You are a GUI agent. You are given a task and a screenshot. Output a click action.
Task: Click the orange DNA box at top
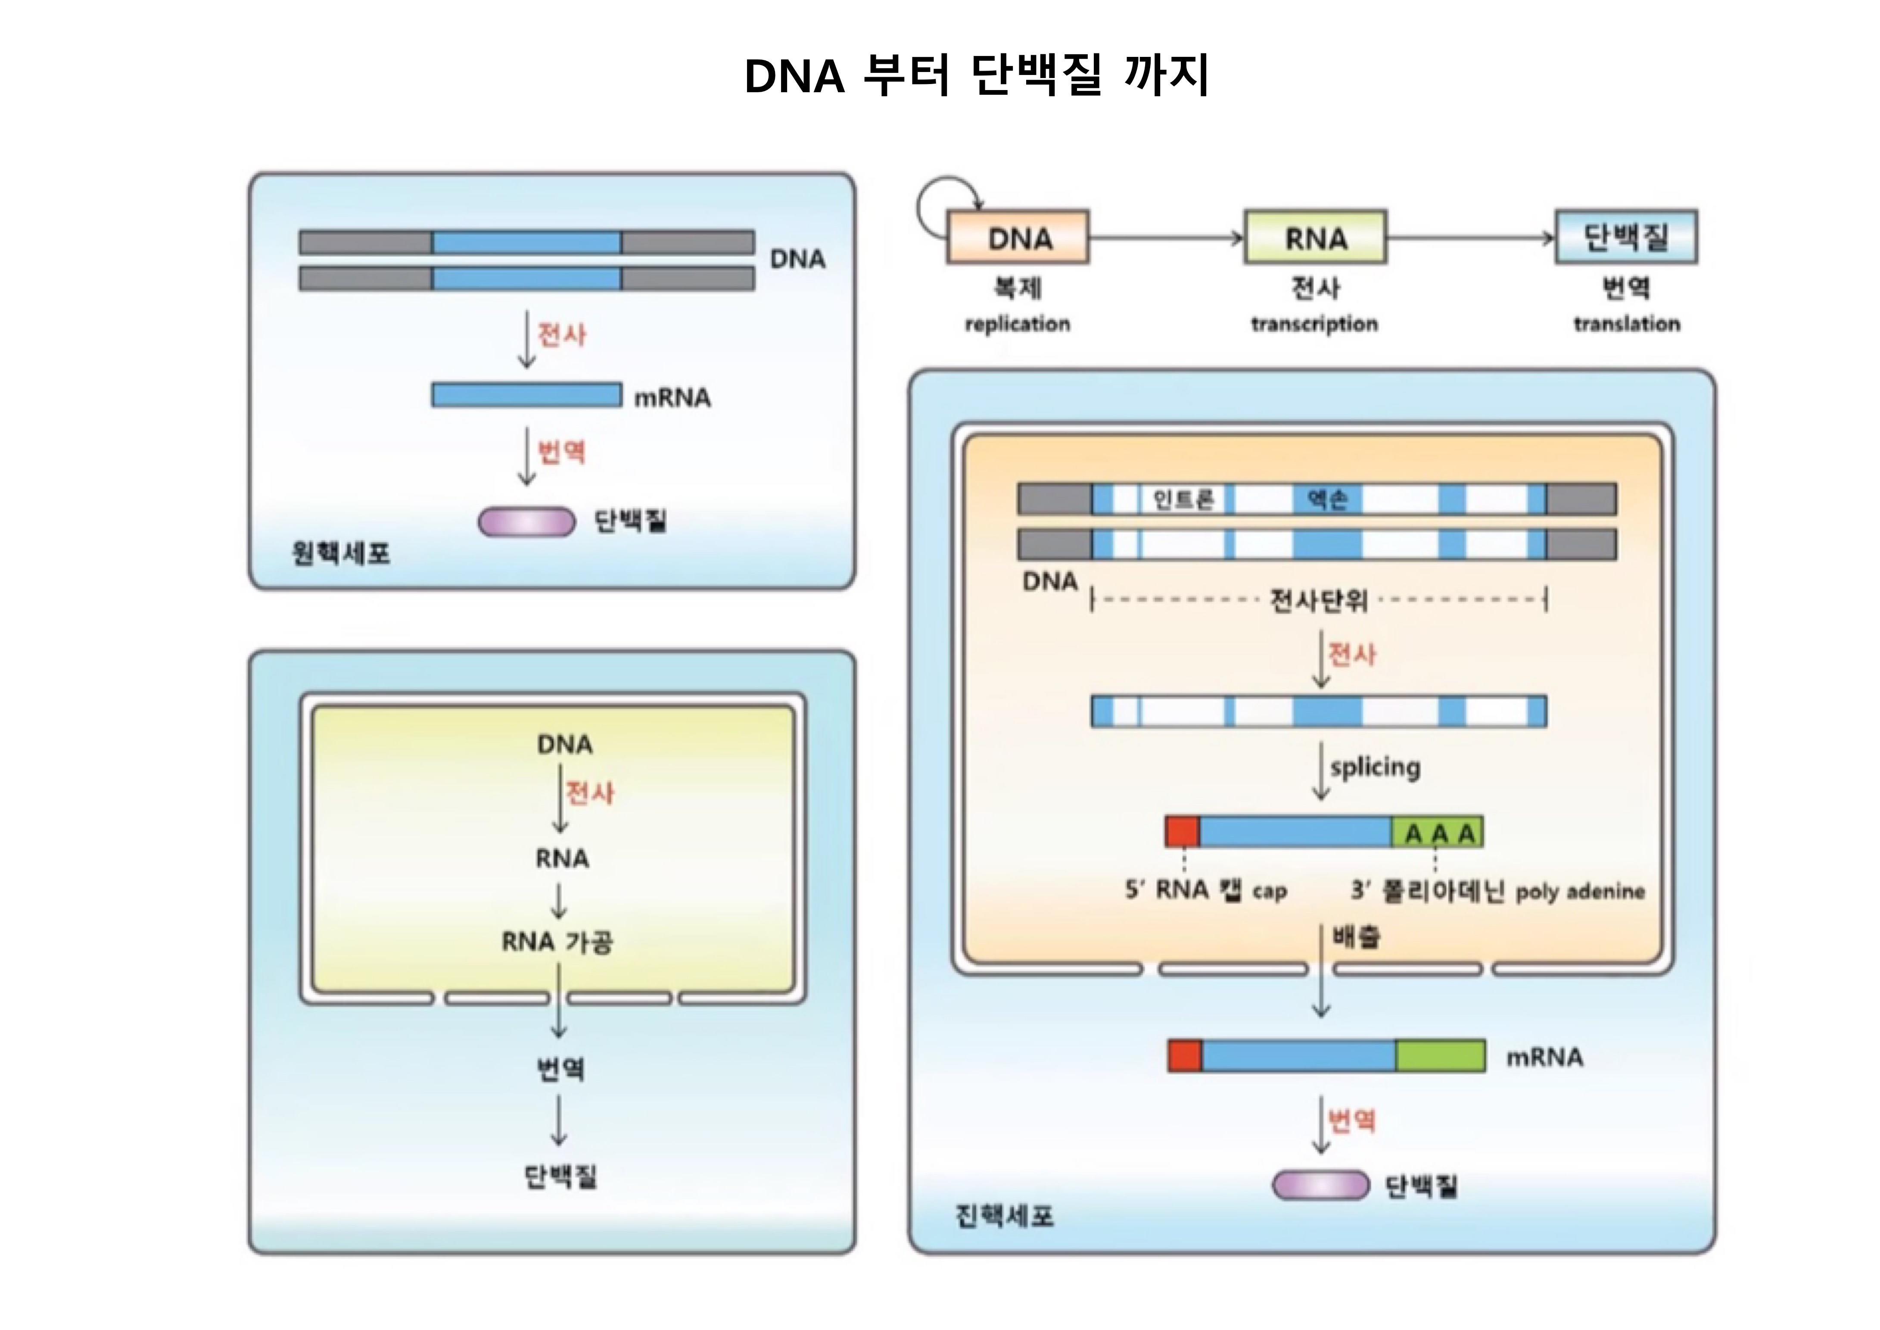(1018, 237)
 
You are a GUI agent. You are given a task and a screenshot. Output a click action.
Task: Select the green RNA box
(1315, 237)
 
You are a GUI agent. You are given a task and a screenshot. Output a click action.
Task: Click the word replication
(1017, 324)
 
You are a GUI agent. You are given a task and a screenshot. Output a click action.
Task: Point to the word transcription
(1314, 324)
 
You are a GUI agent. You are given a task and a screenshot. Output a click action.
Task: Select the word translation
(1626, 324)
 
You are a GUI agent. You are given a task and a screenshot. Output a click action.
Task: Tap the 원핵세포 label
(341, 554)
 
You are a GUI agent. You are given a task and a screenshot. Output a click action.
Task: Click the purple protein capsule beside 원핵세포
(526, 521)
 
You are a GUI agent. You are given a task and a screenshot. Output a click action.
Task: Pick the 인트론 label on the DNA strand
(1183, 499)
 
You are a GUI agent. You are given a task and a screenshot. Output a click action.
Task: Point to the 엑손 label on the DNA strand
(1326, 499)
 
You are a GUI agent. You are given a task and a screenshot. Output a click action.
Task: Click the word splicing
(1375, 768)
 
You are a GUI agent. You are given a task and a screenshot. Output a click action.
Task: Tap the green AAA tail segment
(1438, 833)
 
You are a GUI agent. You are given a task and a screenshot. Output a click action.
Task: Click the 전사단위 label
(1318, 600)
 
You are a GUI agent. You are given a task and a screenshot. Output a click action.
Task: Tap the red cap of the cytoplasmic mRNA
(1185, 1055)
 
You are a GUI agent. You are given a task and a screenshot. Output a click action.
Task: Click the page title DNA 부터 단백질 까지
(976, 76)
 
